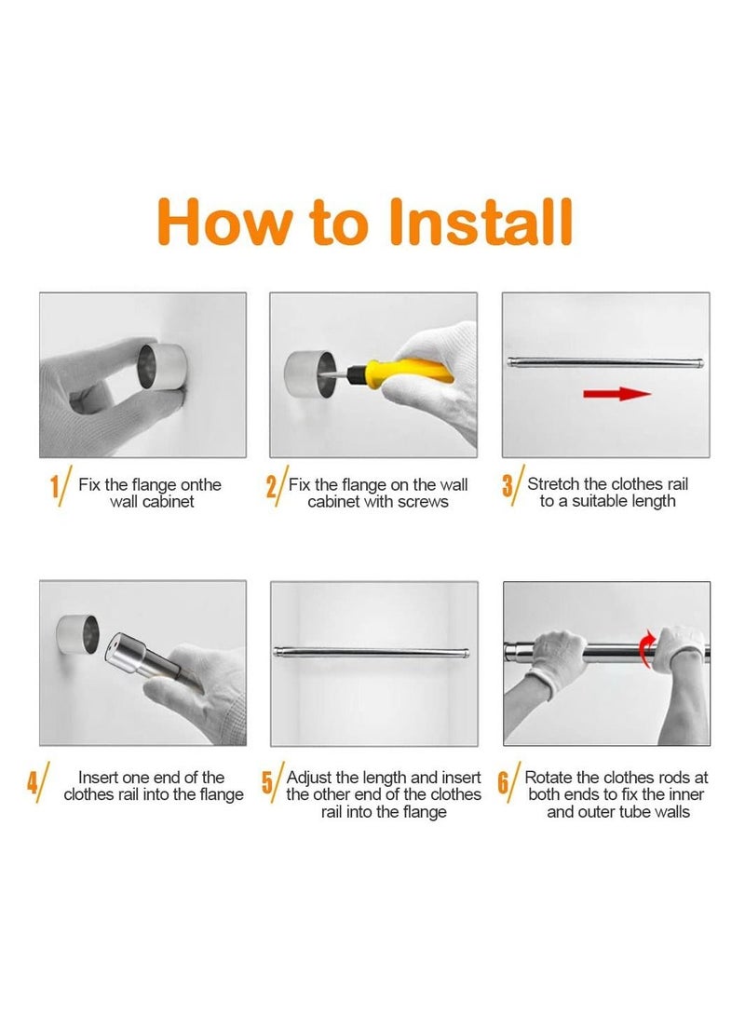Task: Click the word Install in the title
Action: click(x=480, y=221)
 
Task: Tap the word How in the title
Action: click(x=224, y=221)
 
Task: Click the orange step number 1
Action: click(x=55, y=487)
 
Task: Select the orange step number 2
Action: click(x=271, y=487)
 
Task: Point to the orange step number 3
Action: click(x=508, y=487)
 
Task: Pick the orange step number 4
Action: click(x=33, y=782)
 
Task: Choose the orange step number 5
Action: click(x=267, y=782)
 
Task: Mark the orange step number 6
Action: click(x=504, y=782)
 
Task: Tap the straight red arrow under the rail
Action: click(x=616, y=393)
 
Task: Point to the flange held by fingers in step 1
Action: click(x=162, y=366)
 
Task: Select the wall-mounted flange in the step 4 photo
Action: click(x=77, y=633)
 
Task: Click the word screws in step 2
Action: click(x=425, y=502)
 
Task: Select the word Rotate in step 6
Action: click(x=549, y=777)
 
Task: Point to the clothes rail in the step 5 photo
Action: click(x=372, y=653)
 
